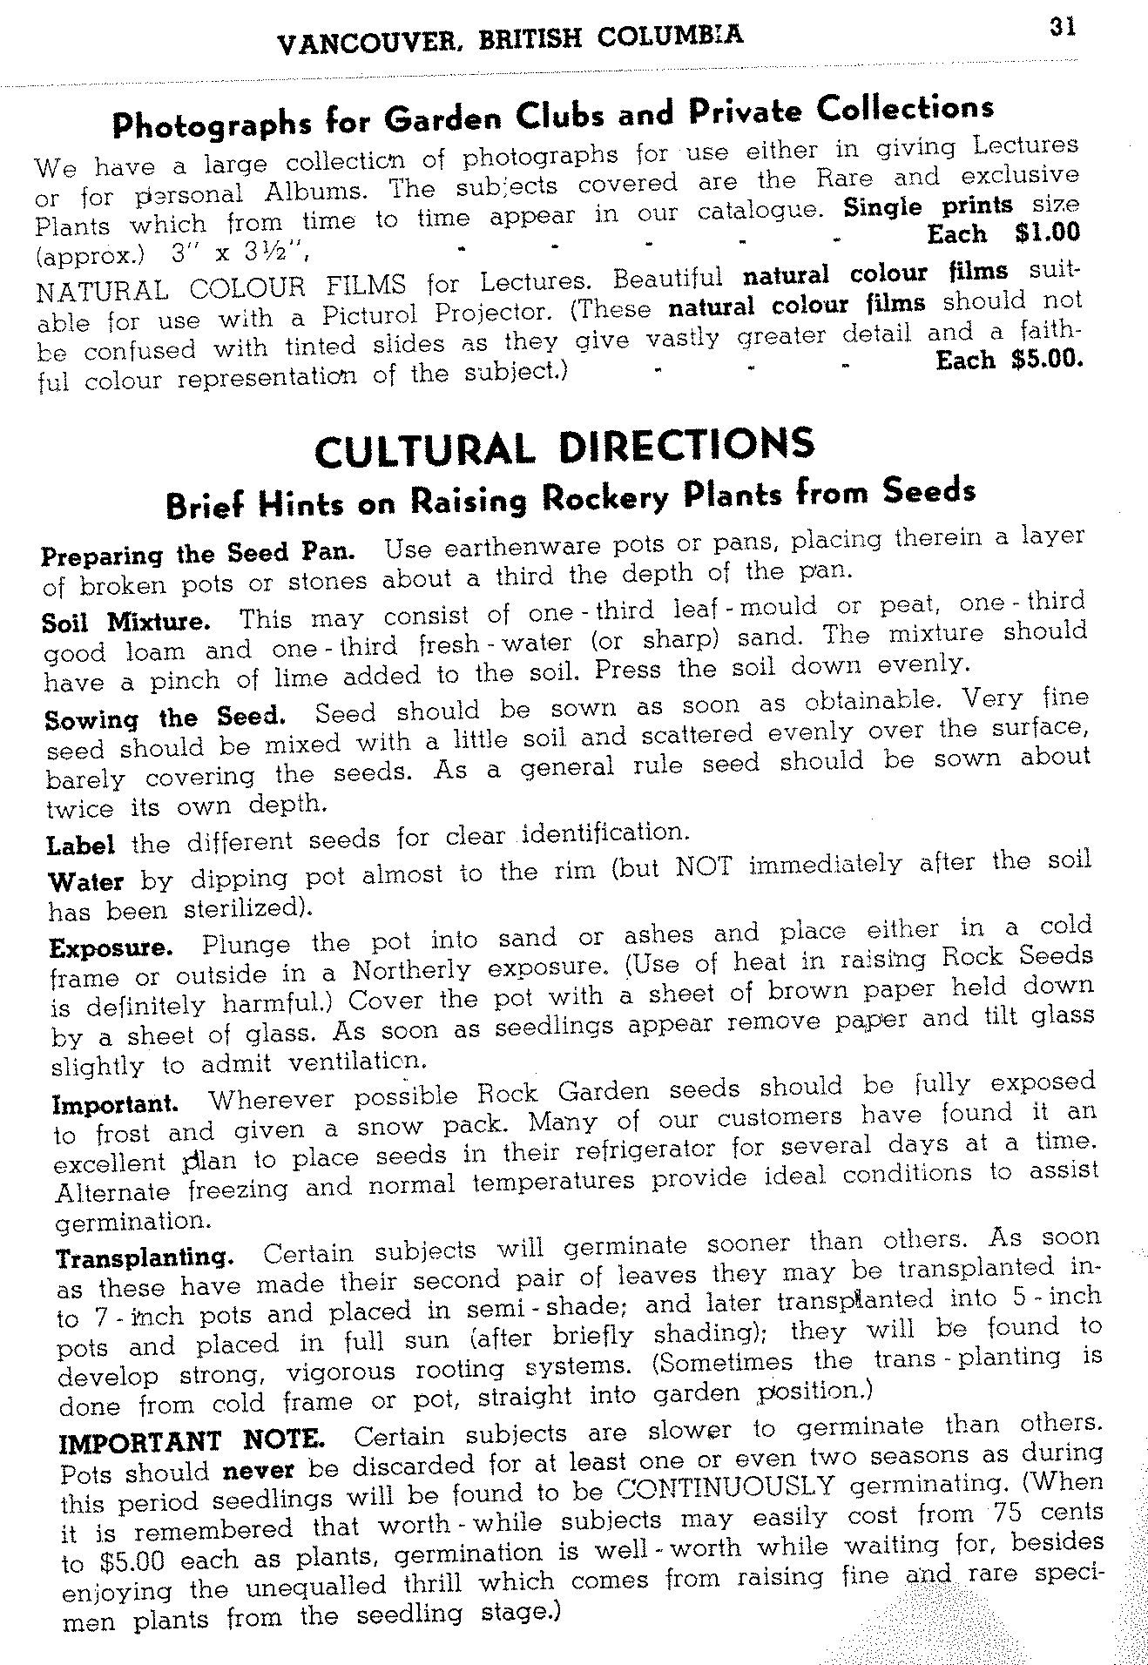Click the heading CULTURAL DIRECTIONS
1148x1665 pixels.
pyautogui.click(x=564, y=448)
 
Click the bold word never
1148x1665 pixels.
pyautogui.click(x=259, y=1471)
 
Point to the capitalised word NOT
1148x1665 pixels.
pyautogui.click(x=704, y=867)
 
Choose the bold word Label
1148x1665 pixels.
pyautogui.click(x=80, y=846)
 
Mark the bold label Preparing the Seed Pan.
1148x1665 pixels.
pyautogui.click(x=198, y=554)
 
